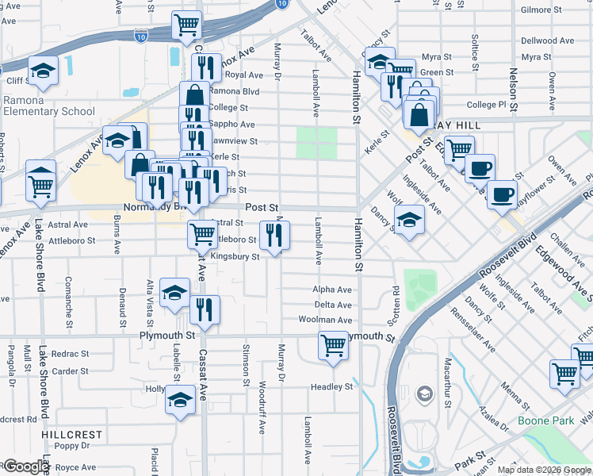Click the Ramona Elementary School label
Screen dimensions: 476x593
tap(48, 106)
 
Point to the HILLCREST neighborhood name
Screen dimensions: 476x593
tap(73, 435)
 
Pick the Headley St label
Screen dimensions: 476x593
tap(331, 386)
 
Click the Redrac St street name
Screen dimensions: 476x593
tap(71, 353)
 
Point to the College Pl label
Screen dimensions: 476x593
tap(486, 104)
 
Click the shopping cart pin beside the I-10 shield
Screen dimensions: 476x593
tap(186, 24)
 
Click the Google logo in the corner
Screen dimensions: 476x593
tap(25, 466)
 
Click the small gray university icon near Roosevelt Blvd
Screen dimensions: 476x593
tap(425, 394)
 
